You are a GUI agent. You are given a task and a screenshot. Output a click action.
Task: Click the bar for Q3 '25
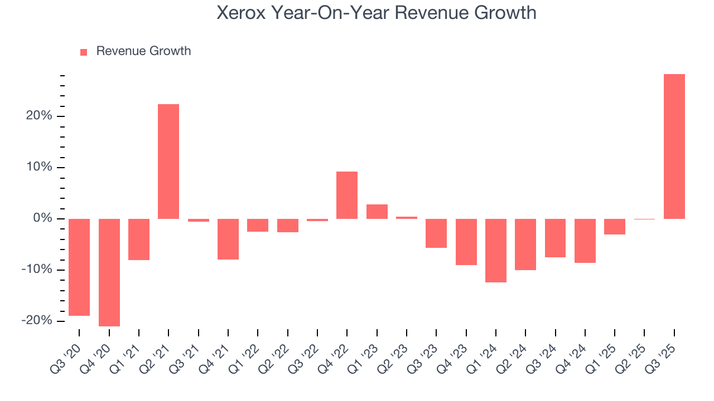pos(674,146)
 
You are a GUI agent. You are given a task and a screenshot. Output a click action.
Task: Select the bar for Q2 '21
pos(168,162)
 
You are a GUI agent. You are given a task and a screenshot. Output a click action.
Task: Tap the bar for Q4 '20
pos(109,272)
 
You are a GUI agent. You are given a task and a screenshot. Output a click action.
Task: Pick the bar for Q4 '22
pos(347,195)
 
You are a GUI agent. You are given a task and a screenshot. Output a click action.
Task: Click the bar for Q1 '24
pos(496,251)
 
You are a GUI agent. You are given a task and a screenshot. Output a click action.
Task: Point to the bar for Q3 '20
pos(79,267)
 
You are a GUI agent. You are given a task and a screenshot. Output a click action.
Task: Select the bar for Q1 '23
pos(377,212)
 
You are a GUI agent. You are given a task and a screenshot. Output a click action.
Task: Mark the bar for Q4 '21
pos(228,239)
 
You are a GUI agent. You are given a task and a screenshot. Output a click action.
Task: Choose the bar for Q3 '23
pos(436,233)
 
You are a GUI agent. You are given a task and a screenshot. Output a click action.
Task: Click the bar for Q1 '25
pos(615,227)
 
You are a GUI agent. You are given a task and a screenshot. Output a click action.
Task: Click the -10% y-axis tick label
pos(38,270)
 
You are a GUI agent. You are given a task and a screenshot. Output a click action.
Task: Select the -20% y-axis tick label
pos(38,321)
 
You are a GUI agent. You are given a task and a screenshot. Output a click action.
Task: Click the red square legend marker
pos(84,52)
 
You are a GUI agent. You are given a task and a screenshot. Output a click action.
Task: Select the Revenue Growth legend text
pos(143,51)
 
